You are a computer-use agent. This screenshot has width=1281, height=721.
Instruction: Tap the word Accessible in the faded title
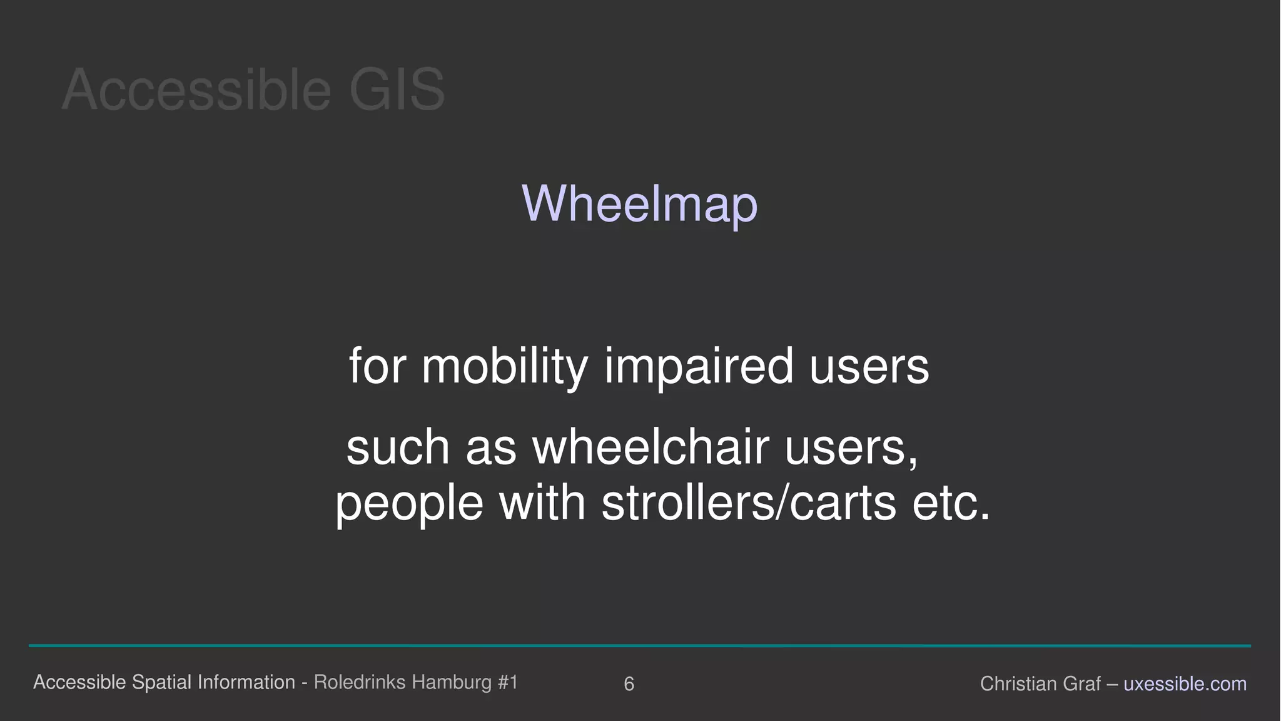click(196, 90)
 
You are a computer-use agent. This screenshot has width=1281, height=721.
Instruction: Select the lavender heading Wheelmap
click(639, 204)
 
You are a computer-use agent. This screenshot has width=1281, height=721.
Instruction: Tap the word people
click(409, 504)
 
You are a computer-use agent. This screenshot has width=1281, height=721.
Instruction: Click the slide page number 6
click(629, 684)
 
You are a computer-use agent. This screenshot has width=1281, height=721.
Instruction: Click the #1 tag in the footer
click(508, 682)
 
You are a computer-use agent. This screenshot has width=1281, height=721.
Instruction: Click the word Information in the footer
click(246, 682)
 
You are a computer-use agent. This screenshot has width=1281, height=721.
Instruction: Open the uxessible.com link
click(1185, 684)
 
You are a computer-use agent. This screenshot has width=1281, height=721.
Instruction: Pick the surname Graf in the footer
click(1080, 684)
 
